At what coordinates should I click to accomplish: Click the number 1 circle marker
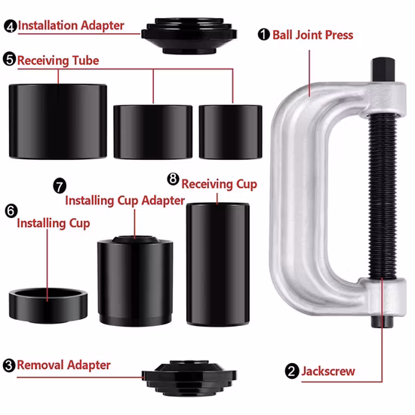[x=263, y=35]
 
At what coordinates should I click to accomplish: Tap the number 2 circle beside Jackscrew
[x=292, y=371]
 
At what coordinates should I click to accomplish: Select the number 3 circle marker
[x=9, y=365]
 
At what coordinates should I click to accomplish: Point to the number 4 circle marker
[x=11, y=26]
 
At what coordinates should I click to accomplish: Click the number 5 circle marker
[x=9, y=59]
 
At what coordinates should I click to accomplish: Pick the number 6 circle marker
[x=11, y=211]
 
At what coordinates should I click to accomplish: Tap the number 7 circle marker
[x=60, y=186]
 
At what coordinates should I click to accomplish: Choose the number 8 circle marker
[x=173, y=179]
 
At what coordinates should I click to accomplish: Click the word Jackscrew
[x=328, y=371]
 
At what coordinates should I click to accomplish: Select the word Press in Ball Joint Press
[x=339, y=35]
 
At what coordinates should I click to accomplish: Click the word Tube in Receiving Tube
[x=85, y=60]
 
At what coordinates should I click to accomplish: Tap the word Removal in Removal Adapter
[x=41, y=365]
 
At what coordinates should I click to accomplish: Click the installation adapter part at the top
[x=189, y=35]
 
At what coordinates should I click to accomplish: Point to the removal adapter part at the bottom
[x=189, y=378]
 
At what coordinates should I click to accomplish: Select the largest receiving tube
[x=58, y=121]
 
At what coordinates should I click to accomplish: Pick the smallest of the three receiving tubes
[x=231, y=132]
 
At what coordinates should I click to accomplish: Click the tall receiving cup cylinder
[x=218, y=264]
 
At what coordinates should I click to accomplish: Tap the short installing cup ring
[x=48, y=306]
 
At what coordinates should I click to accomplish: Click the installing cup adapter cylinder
[x=135, y=281]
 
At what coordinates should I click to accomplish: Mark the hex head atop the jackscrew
[x=383, y=70]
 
